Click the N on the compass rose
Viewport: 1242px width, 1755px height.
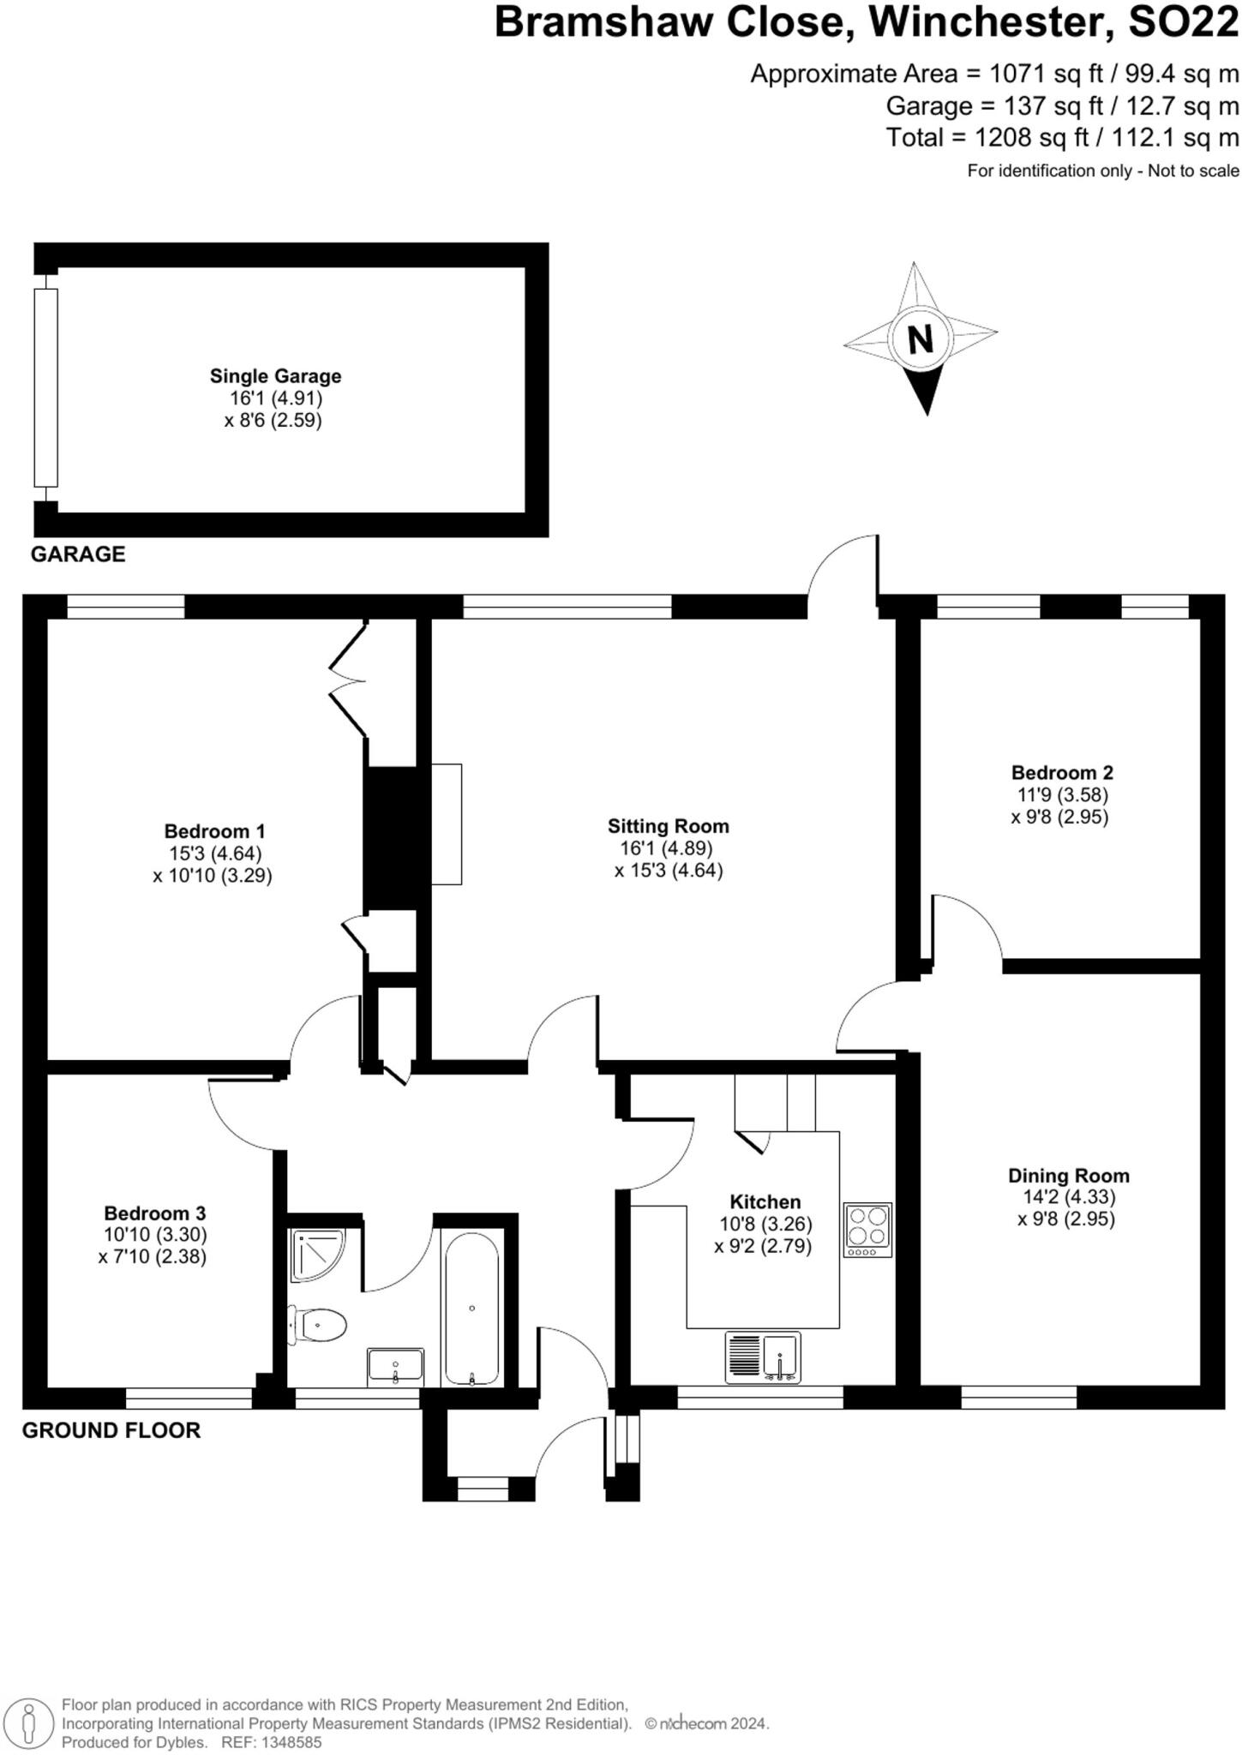(x=920, y=339)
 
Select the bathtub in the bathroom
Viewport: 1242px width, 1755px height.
(x=471, y=1309)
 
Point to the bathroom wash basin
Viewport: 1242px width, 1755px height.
(x=395, y=1366)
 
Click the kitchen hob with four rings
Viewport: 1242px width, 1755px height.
(x=867, y=1229)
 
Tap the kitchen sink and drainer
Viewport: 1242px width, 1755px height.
(x=763, y=1357)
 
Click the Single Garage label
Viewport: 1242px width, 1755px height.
(x=275, y=375)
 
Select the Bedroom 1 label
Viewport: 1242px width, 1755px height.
(x=214, y=830)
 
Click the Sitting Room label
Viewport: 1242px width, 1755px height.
(x=668, y=826)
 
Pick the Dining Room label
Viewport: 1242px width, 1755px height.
(x=1068, y=1176)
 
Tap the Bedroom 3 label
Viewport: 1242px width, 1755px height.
(x=154, y=1213)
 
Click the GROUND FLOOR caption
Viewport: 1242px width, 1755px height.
(x=111, y=1430)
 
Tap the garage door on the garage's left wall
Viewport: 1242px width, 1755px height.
(x=45, y=387)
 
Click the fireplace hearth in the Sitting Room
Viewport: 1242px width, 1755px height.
(x=446, y=824)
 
